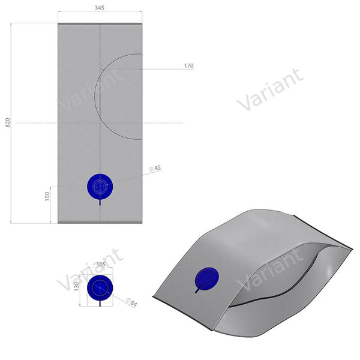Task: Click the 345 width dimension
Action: (x=100, y=8)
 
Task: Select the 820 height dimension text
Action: (x=8, y=122)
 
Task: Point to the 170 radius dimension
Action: (x=188, y=66)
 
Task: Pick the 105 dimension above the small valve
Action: (x=100, y=264)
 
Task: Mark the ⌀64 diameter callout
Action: (x=133, y=304)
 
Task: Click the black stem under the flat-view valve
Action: (x=99, y=202)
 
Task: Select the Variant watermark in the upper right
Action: (x=270, y=90)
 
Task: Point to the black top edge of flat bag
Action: (x=100, y=23)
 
